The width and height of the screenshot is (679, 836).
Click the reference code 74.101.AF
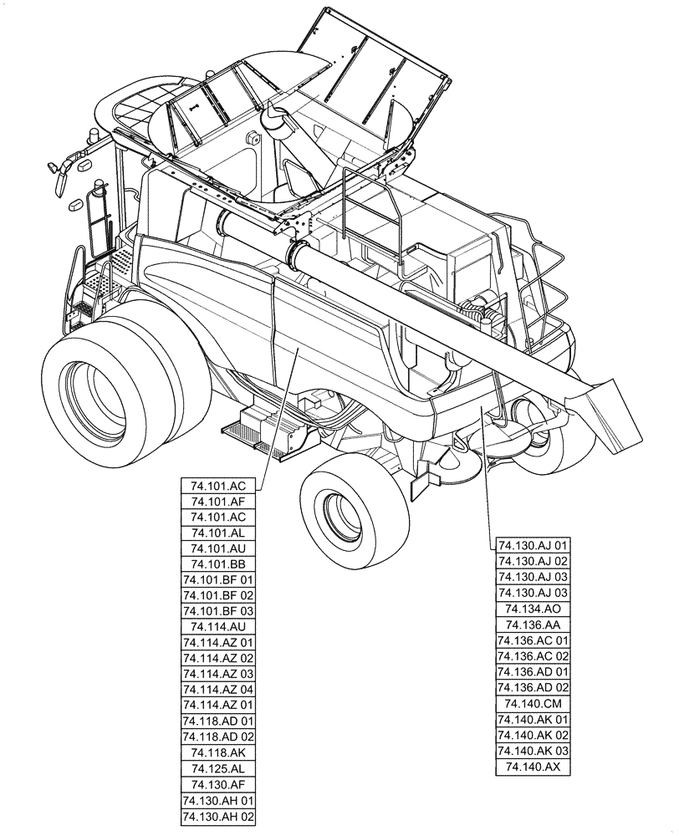pyautogui.click(x=217, y=502)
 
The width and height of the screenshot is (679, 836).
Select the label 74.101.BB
pyautogui.click(x=217, y=564)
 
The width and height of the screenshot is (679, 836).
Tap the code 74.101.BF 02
pyautogui.click(x=217, y=595)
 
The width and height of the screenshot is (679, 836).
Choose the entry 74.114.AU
pyautogui.click(x=217, y=627)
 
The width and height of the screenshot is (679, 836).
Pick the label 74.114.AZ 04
pyautogui.click(x=217, y=690)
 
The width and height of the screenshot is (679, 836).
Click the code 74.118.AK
pyautogui.click(x=217, y=752)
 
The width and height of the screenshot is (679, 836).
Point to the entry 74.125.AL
pyautogui.click(x=217, y=768)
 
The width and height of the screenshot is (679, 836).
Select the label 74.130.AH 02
pyautogui.click(x=217, y=815)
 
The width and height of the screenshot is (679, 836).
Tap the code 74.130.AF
pyautogui.click(x=217, y=784)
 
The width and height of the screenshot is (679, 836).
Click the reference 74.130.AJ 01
pyautogui.click(x=533, y=546)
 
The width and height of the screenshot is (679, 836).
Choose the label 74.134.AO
pyautogui.click(x=533, y=609)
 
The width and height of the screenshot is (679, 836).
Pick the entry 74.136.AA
pyautogui.click(x=533, y=624)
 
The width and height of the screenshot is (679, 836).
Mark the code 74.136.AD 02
pyautogui.click(x=533, y=687)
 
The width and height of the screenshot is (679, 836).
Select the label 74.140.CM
pyautogui.click(x=533, y=703)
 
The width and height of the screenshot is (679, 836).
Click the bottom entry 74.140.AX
pyautogui.click(x=533, y=766)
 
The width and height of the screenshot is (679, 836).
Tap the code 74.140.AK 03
pyautogui.click(x=533, y=750)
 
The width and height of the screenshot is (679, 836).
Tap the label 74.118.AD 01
pyautogui.click(x=217, y=721)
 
